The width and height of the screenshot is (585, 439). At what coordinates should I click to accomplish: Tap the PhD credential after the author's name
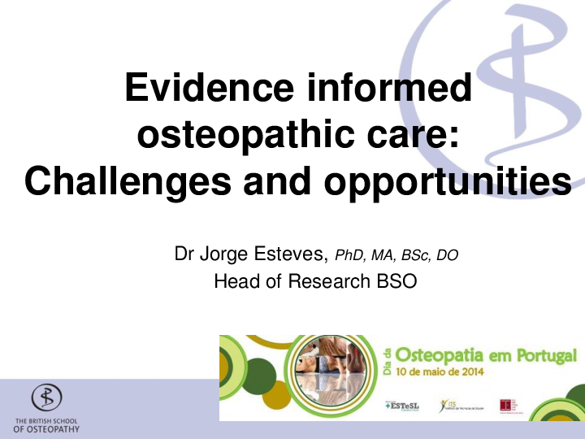point(349,256)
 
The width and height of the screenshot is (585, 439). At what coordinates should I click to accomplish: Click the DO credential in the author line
point(448,256)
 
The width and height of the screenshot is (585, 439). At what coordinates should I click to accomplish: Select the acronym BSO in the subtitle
point(394,282)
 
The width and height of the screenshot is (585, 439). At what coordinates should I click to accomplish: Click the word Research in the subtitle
point(323,282)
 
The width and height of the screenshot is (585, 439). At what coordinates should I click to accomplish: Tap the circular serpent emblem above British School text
point(46,398)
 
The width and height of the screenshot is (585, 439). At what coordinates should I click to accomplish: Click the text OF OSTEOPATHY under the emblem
point(46,429)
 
